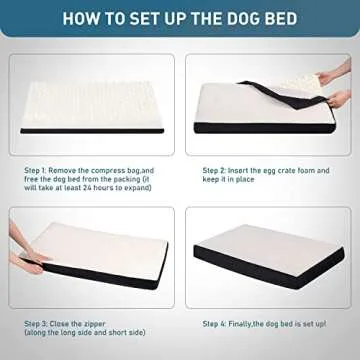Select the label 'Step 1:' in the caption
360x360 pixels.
tap(39, 171)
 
